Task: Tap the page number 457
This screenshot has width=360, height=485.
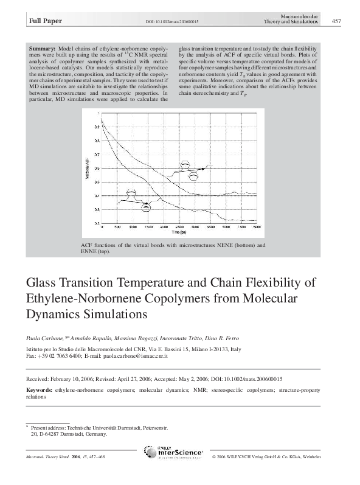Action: tap(336, 21)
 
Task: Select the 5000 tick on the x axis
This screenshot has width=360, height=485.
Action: tap(256, 227)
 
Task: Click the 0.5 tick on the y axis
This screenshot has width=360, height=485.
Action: tap(96, 169)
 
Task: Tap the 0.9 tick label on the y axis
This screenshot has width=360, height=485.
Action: tap(96, 128)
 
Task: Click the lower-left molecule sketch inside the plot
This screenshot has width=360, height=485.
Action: tap(137, 200)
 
